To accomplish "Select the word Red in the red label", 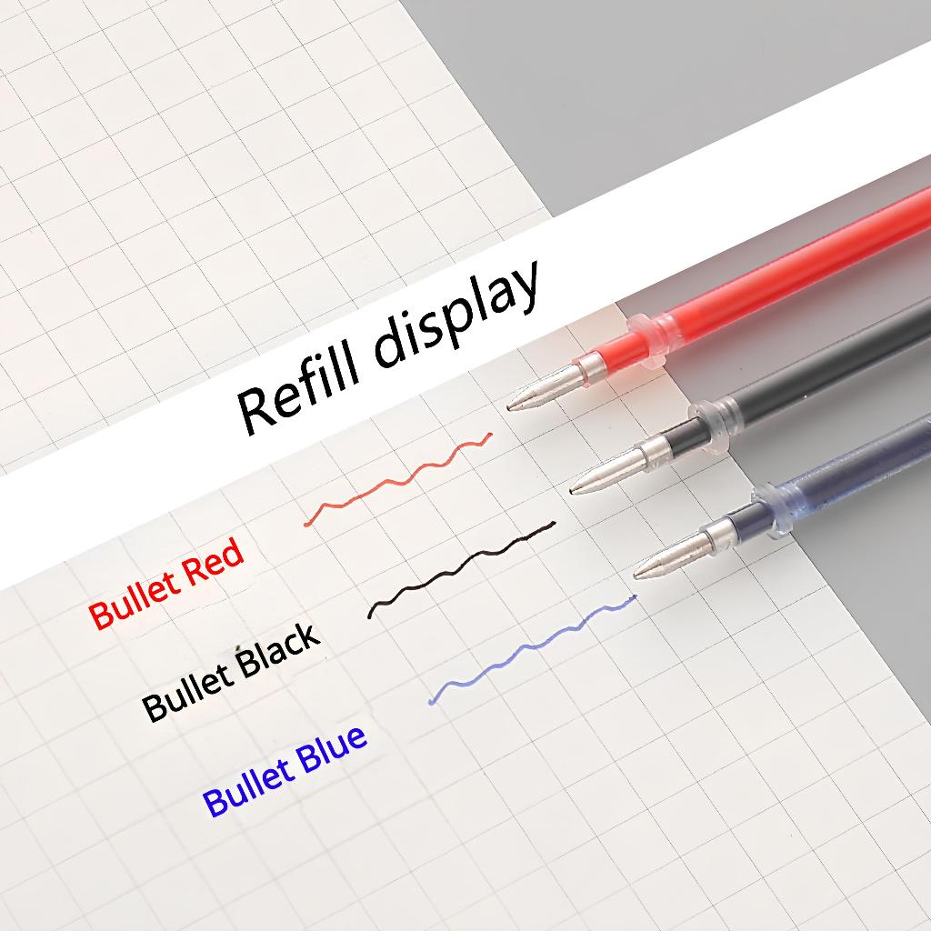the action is (x=213, y=566).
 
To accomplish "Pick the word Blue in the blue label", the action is (x=331, y=750).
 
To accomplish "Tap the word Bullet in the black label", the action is (x=189, y=691).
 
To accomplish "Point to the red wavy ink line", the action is (x=398, y=478).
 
